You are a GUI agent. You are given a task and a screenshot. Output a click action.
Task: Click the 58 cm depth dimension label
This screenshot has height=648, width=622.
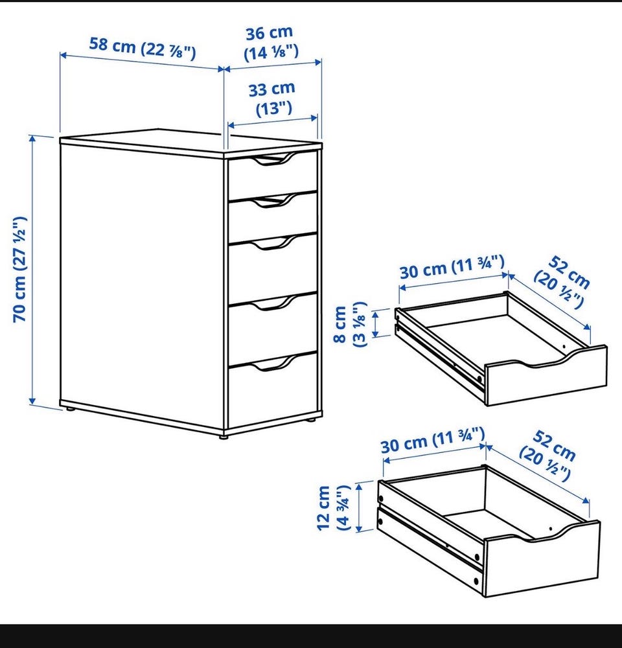[x=143, y=48]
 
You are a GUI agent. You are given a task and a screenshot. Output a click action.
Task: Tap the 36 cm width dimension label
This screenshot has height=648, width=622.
[x=271, y=43]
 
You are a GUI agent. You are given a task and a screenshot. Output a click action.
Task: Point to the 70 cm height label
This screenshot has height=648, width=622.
[x=19, y=269]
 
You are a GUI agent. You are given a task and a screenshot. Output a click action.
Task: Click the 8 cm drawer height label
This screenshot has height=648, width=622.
[x=350, y=325]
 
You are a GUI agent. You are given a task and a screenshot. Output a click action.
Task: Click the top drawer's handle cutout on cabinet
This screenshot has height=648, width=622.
[x=272, y=160]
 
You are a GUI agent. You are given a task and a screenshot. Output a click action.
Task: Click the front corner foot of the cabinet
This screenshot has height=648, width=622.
[x=224, y=436]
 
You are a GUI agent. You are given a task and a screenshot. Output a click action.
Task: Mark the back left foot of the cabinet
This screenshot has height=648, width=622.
[x=70, y=409]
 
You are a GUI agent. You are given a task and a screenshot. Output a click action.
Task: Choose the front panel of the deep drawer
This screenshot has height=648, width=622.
[x=542, y=559]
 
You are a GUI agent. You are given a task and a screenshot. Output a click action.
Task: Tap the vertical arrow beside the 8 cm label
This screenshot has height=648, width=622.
[x=376, y=325]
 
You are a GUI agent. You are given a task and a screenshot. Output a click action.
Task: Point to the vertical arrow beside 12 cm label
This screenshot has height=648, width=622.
[x=360, y=507]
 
